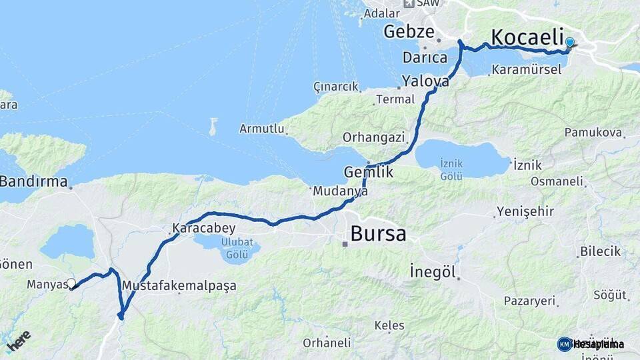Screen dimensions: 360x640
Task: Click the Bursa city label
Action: point(377,234)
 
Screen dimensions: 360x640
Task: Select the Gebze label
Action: point(409,31)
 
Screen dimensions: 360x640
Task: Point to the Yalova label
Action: point(425,81)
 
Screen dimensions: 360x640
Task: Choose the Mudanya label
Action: point(340,191)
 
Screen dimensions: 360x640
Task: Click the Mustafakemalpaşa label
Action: point(179,286)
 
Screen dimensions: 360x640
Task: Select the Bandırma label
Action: point(33,181)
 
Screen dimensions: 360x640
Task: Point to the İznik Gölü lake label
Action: point(451,169)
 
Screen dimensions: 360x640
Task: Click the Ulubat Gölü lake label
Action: point(237,249)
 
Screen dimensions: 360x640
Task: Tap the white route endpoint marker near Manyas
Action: point(71,283)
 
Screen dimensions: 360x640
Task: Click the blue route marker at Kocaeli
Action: point(569,43)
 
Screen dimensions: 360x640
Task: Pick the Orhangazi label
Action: point(374,137)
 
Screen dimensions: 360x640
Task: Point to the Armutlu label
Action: point(262,128)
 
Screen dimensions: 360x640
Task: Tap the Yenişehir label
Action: point(525,212)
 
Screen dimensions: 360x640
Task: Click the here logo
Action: point(19,341)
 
